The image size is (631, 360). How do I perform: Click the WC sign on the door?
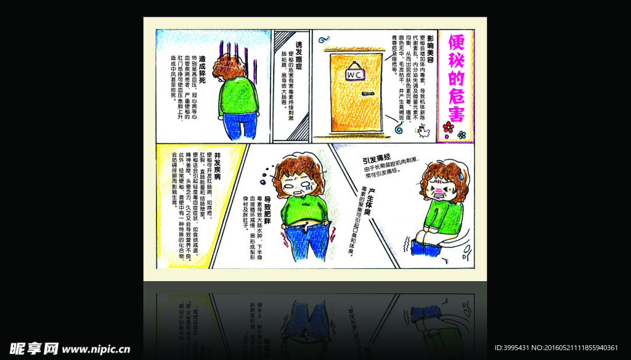[x=356, y=74]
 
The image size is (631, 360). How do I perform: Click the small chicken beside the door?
[x=423, y=131]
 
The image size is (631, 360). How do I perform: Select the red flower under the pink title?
[x=448, y=128]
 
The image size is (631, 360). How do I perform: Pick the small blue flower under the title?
[x=462, y=134]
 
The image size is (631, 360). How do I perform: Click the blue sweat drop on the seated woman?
[x=461, y=174]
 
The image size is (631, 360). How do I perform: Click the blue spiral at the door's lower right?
[x=399, y=129]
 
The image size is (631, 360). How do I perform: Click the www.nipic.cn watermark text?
[x=96, y=350]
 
